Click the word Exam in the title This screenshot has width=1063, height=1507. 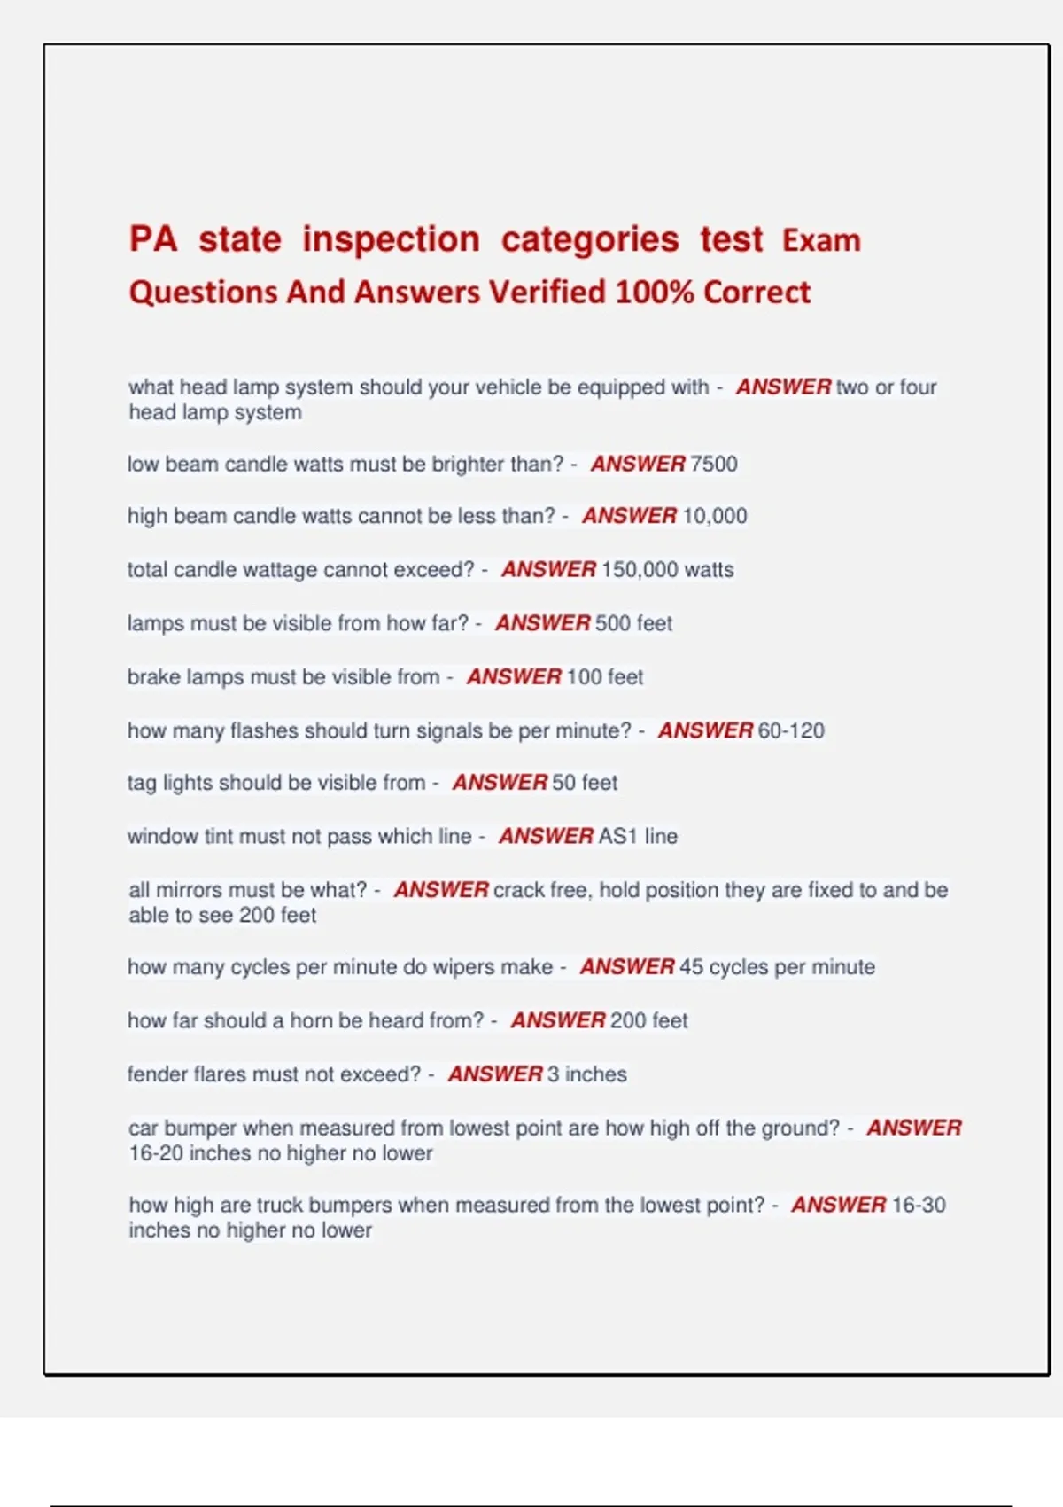pos(821,240)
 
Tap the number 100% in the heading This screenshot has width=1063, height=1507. pos(655,292)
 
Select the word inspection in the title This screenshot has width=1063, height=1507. pos(391,239)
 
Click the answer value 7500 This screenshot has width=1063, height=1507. pos(713,464)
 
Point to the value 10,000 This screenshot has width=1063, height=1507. pos(714,516)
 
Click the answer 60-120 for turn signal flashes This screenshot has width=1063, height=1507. pos(791,730)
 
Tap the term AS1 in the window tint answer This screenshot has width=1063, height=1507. pos(618,836)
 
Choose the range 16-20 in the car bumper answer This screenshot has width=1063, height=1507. pos(160,1153)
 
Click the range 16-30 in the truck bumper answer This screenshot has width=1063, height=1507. pos(919,1205)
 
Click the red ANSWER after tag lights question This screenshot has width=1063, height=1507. pos(500,783)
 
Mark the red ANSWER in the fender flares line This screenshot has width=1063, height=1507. pos(494,1074)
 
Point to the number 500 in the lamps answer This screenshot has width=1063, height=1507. pos(612,623)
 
